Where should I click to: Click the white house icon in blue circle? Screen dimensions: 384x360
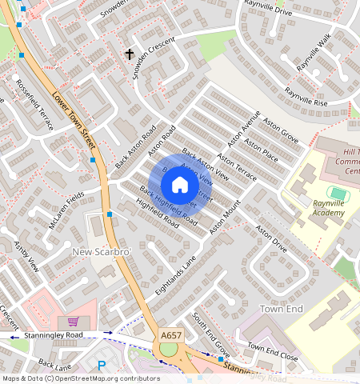click(x=180, y=186)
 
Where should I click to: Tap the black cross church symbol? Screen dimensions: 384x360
click(x=130, y=54)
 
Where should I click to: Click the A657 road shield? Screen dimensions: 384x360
click(x=170, y=334)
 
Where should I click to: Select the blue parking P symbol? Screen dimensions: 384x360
click(x=102, y=366)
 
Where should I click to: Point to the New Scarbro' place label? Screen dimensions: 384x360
click(x=101, y=252)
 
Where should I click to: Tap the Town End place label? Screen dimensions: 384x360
click(x=282, y=308)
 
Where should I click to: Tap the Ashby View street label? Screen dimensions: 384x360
click(x=22, y=255)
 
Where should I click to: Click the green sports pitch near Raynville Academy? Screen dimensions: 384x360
click(x=338, y=193)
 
